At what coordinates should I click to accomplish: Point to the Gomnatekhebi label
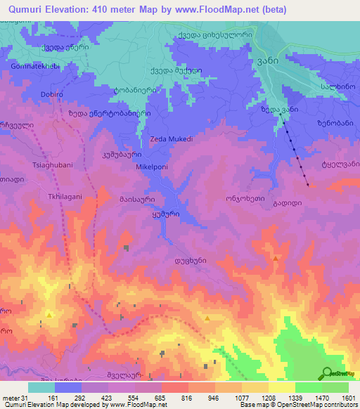(35, 66)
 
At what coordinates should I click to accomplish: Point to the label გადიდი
(278, 202)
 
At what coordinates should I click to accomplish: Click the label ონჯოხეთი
(245, 199)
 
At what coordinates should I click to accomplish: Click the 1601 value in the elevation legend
(348, 398)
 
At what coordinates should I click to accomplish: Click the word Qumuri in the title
(24, 8)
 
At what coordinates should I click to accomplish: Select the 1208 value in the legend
(268, 398)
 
